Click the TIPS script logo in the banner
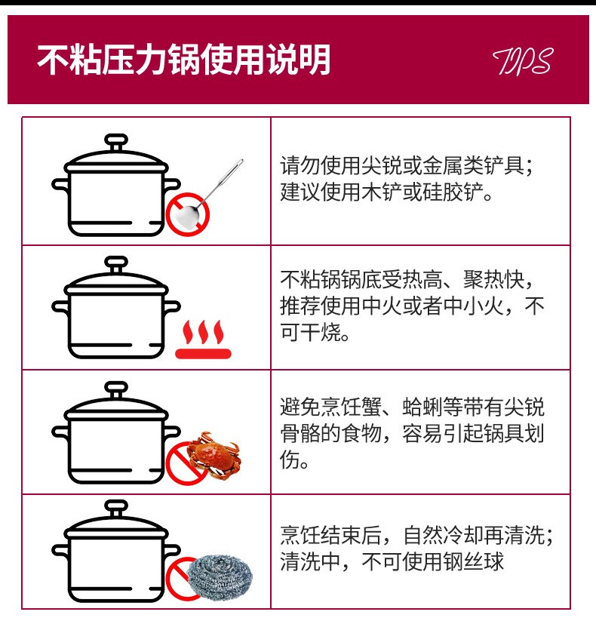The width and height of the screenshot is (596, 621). [523, 61]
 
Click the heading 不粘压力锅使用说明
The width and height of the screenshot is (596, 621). [184, 60]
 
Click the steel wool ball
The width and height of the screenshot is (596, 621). [219, 576]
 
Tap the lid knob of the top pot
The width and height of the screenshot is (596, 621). [116, 142]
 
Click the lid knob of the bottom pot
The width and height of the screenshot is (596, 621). [116, 508]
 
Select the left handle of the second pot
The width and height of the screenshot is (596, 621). [60, 307]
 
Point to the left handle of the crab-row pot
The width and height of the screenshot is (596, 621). [60, 432]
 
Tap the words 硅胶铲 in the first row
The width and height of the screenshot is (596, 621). [453, 192]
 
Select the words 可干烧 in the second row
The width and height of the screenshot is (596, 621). [311, 332]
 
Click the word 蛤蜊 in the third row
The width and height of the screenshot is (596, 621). [422, 407]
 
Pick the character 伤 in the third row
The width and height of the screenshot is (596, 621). [290, 460]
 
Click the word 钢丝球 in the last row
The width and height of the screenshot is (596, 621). [473, 561]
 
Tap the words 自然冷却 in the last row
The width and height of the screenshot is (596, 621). [443, 535]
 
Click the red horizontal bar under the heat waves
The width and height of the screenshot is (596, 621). [203, 354]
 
